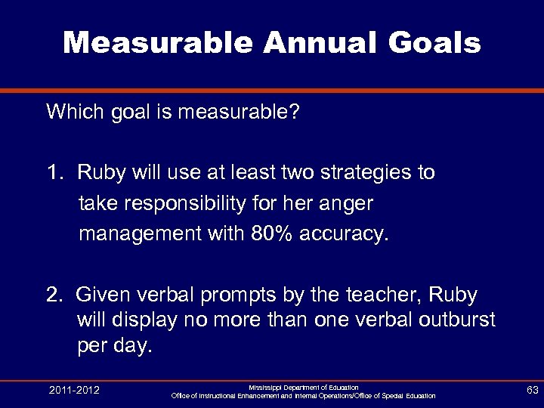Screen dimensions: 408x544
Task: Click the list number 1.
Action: (54, 172)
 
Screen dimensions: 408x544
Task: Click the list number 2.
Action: (54, 294)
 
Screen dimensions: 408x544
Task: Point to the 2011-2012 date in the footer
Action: (74, 391)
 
